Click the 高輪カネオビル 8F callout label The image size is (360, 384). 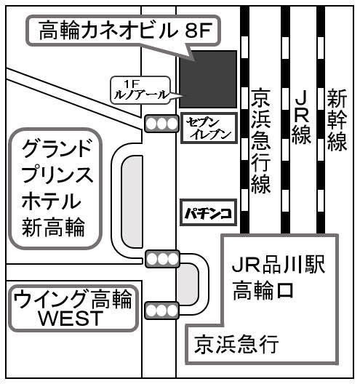point(122,31)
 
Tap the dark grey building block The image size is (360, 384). point(208,79)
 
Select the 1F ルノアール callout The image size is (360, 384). point(141,90)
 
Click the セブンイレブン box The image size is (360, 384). point(209,128)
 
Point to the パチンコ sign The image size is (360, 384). point(209,212)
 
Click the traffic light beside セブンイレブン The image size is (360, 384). point(161,124)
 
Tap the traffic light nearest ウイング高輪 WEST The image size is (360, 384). point(162,311)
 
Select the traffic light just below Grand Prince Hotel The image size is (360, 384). point(163,259)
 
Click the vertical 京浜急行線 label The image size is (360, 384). point(260,141)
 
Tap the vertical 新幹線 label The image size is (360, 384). point(337,120)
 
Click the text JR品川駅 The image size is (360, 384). point(279,265)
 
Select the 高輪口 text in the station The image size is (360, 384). point(263,290)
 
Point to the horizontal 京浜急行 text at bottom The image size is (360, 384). point(236,344)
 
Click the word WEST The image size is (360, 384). point(71,318)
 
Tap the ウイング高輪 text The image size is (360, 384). point(73,299)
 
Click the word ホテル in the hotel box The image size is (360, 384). point(52,201)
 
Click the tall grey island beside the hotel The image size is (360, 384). point(132,201)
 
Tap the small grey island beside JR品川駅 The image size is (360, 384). point(188,284)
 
